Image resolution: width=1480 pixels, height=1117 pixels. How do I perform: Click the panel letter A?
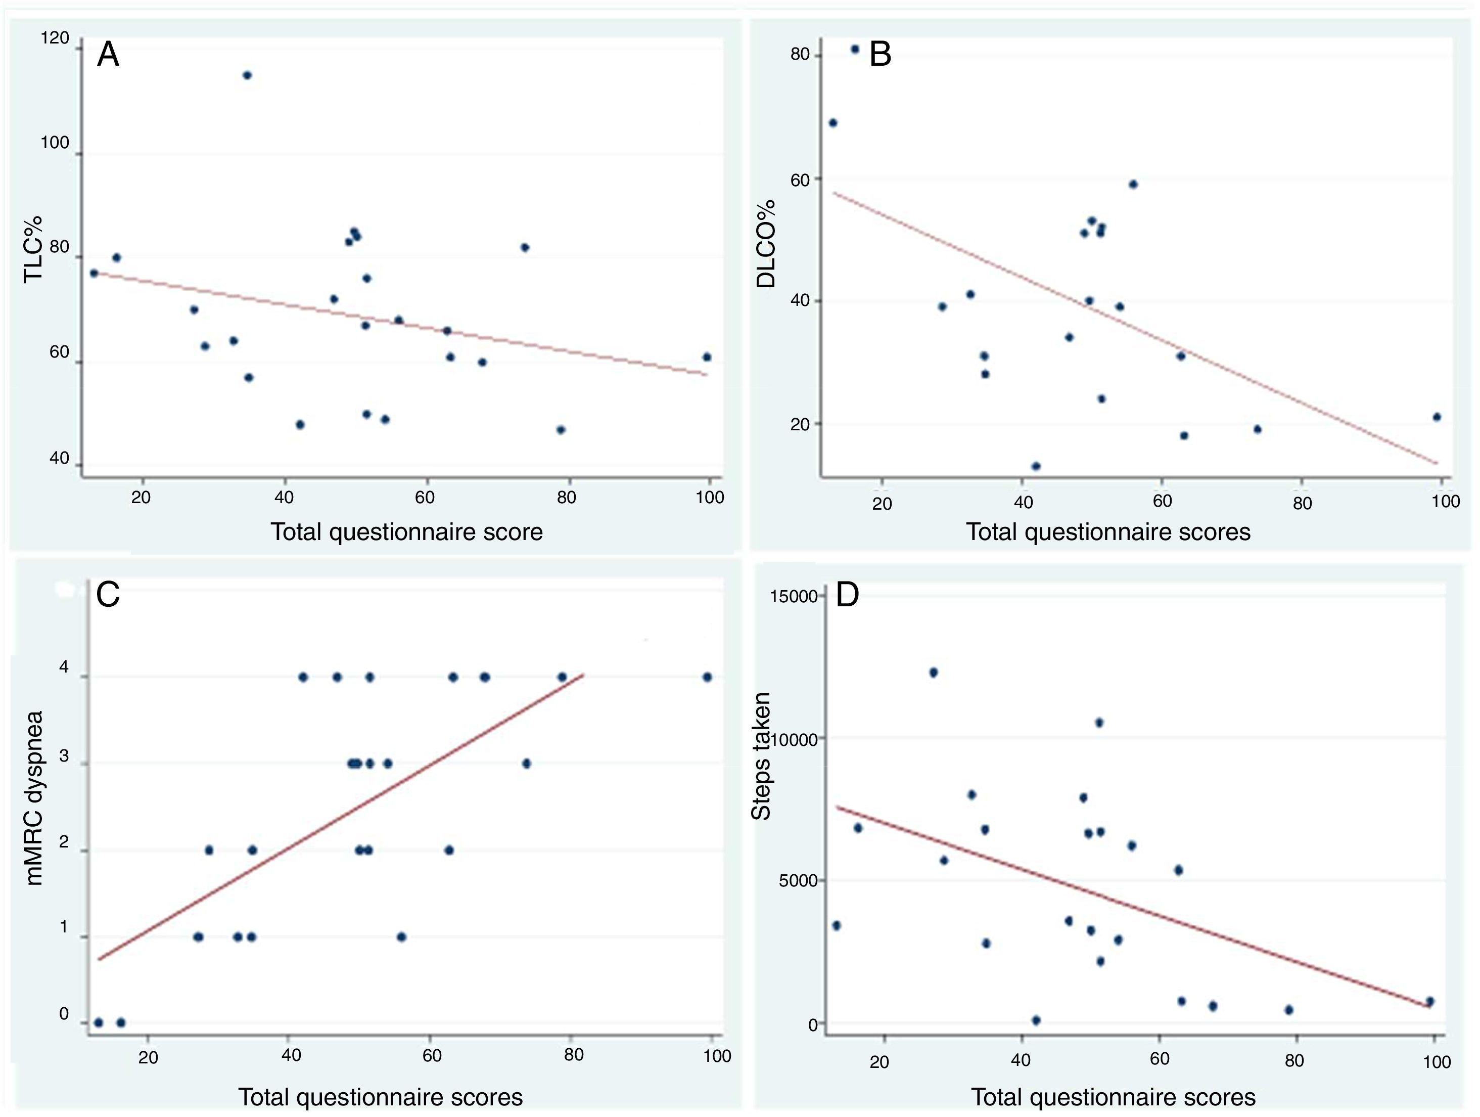click(108, 54)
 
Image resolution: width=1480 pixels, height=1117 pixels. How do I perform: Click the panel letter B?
click(880, 54)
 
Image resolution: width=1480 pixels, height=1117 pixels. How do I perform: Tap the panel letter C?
click(108, 594)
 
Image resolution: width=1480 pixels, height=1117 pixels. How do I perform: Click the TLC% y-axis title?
click(33, 249)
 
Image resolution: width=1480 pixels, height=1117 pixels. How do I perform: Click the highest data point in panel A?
click(247, 75)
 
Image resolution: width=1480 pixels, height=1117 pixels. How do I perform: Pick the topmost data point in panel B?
click(854, 49)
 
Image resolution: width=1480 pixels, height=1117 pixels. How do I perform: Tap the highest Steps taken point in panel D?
click(934, 673)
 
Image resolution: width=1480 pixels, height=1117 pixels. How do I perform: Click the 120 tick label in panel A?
click(55, 38)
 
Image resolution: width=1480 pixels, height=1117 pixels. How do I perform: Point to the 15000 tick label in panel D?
click(794, 596)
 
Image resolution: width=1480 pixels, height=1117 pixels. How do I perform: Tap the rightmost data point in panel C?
click(707, 677)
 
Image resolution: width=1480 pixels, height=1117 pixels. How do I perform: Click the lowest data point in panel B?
click(1036, 466)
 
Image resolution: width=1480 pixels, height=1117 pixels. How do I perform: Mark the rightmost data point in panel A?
click(707, 356)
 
